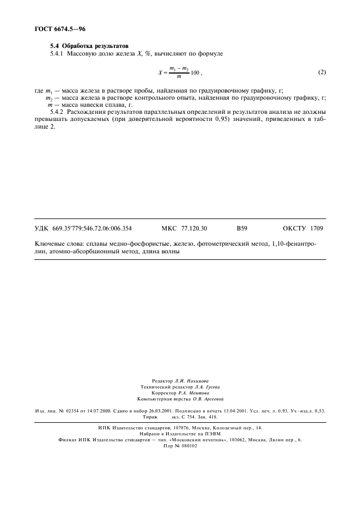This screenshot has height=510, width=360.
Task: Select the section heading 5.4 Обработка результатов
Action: tap(91, 46)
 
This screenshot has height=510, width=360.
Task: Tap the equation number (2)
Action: tap(321, 72)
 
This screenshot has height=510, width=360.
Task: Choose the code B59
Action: tap(242, 229)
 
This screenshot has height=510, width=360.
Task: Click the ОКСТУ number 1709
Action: tap(316, 229)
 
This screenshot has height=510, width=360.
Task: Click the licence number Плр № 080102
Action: tap(180, 445)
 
